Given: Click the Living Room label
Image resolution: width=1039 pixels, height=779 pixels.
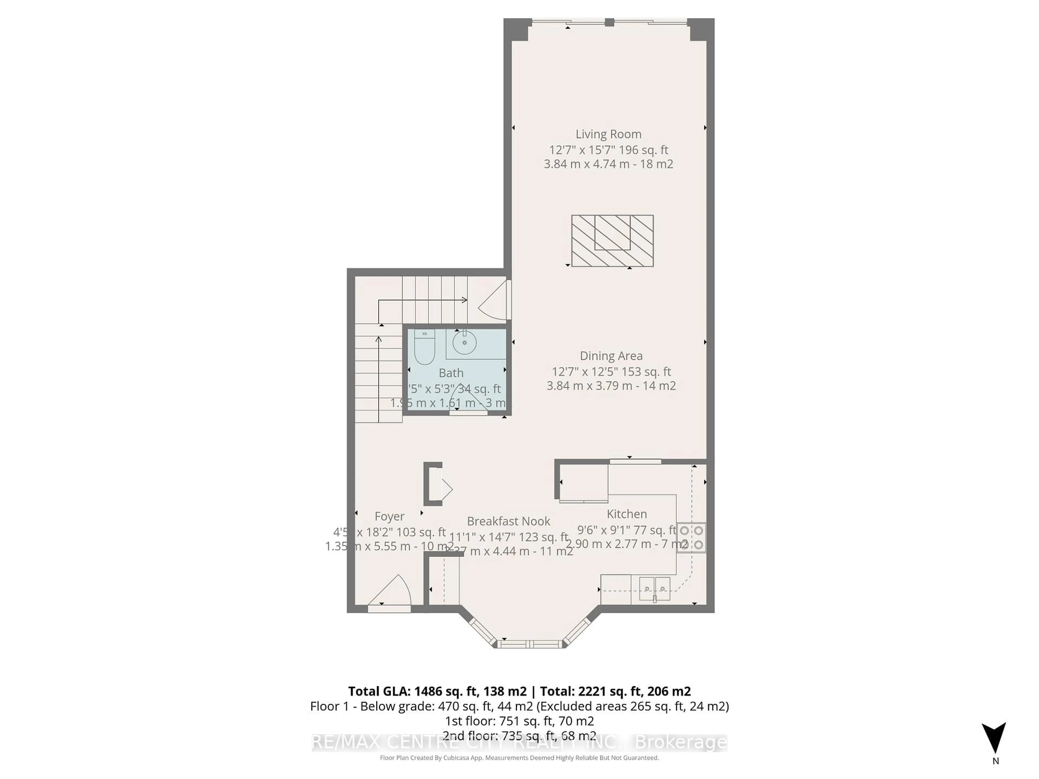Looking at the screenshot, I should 608,134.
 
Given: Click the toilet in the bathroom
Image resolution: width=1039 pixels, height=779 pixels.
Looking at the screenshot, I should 425,348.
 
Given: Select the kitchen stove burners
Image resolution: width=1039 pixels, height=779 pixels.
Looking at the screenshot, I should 691,538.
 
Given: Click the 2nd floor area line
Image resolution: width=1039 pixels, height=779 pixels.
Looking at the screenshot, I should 519,736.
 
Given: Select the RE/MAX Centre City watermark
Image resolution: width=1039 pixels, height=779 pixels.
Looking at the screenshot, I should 519,742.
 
